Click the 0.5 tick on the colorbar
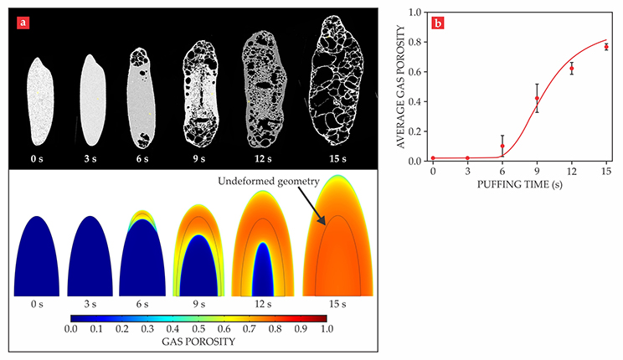pyautogui.click(x=199, y=329)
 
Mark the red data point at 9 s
pyautogui.click(x=537, y=99)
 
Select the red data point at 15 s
pyautogui.click(x=606, y=47)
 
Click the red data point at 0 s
pyautogui.click(x=433, y=158)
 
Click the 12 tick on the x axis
pyautogui.click(x=571, y=171)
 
